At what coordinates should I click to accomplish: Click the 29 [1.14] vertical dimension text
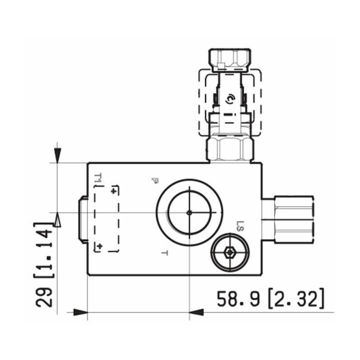pyautogui.click(x=44, y=265)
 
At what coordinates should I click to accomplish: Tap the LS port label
pyautogui.click(x=240, y=226)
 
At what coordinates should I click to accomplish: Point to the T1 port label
pyautogui.click(x=98, y=178)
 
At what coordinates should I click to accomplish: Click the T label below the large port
pyautogui.click(x=165, y=253)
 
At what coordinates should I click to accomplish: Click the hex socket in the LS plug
pyautogui.click(x=229, y=252)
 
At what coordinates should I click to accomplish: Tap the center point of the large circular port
pyautogui.click(x=189, y=213)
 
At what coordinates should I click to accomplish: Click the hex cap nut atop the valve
pyautogui.click(x=229, y=60)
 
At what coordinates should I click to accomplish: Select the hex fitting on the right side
pyautogui.click(x=294, y=219)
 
